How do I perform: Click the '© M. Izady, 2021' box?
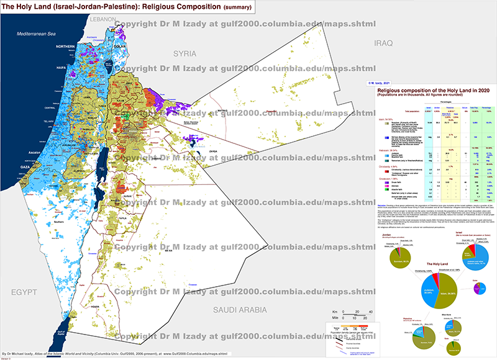378,82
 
